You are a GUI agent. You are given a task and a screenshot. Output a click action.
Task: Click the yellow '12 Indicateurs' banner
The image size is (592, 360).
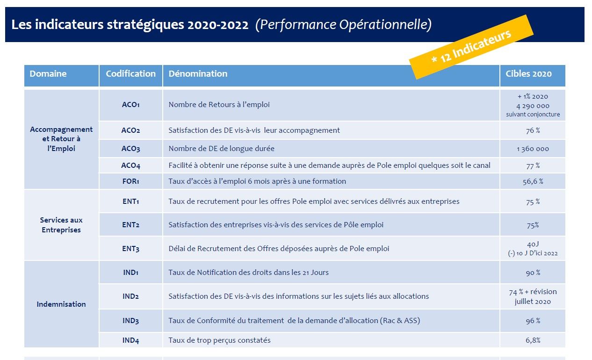471,47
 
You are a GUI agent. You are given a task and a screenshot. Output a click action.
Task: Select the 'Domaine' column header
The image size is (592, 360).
48,74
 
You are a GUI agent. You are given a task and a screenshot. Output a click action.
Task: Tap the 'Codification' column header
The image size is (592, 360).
130,74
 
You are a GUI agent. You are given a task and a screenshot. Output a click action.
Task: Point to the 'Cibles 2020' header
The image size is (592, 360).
528,74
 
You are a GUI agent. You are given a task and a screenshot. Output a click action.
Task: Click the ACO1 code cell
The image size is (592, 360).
130,105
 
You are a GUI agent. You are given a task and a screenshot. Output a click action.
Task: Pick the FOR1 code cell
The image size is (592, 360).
130,181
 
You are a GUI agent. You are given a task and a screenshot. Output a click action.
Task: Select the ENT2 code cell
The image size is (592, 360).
130,225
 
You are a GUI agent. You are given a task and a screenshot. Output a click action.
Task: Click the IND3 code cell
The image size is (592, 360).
130,321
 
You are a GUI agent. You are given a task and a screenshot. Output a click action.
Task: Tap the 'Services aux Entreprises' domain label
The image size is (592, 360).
61,225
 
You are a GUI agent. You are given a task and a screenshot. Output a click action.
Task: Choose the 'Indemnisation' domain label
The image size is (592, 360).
61,304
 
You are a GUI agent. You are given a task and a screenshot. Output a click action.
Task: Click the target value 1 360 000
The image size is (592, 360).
533,149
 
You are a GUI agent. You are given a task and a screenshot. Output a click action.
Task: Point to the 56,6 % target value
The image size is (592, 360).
533,181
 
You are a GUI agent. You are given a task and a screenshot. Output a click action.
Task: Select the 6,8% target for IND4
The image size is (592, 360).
533,340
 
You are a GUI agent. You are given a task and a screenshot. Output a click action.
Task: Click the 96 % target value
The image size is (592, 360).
533,321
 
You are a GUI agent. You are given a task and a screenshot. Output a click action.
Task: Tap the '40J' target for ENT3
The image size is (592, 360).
533,244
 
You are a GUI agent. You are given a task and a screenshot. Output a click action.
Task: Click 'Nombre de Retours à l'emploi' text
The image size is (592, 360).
219,105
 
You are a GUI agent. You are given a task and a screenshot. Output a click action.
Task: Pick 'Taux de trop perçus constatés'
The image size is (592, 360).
219,340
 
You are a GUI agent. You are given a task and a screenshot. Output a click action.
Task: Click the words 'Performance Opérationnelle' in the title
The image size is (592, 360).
343,25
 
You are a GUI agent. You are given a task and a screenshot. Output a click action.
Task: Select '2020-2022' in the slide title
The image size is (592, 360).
218,25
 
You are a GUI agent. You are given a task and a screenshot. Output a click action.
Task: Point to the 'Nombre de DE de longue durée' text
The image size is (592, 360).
222,149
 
